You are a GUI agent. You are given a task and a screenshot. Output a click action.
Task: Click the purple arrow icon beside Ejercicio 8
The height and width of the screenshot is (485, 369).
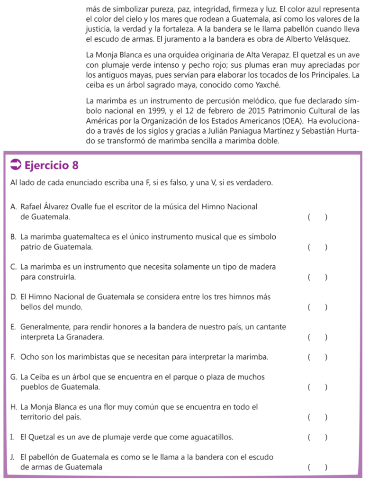coord(16,165)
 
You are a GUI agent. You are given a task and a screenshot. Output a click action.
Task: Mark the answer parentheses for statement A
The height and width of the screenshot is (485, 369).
coord(317,217)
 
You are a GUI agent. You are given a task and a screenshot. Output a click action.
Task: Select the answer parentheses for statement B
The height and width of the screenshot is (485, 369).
coord(317,247)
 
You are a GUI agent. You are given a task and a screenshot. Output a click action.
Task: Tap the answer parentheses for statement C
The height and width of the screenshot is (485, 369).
coord(317,277)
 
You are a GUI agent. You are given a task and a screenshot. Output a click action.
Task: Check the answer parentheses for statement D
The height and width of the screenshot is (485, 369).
coord(317,307)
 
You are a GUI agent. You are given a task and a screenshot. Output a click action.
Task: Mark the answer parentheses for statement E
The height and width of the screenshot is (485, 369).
coord(317,337)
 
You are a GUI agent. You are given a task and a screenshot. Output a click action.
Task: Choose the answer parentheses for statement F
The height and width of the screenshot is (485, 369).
coord(317,357)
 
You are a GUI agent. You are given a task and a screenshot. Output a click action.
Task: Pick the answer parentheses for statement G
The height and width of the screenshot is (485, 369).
coord(317,387)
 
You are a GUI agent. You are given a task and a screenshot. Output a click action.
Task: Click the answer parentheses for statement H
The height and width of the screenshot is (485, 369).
coord(317,417)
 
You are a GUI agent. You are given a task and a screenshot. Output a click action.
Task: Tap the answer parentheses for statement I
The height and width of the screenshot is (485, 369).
coord(317,437)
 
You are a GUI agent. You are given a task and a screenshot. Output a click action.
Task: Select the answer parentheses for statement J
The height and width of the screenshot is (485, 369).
coord(317,467)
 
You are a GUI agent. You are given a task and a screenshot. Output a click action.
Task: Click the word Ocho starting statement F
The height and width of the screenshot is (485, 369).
coord(29,357)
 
